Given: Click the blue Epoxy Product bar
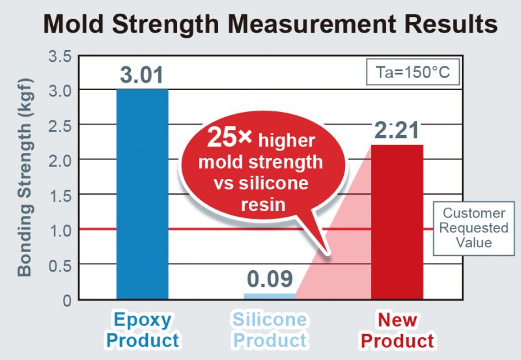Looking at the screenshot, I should coord(142,195).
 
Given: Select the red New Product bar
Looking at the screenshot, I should coord(397,221).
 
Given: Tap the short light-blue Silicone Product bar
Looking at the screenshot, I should coord(270,296).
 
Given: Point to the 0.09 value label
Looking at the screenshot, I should coord(270,279).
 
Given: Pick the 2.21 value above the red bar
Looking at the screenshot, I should coord(397,130).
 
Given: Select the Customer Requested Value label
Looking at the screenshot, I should coord(474,228).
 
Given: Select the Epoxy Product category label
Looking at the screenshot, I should coord(143,329).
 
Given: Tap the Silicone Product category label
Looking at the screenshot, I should coord(270,329).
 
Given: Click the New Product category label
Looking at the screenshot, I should coord(397,329).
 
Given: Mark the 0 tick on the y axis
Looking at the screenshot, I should coord(66,300).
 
